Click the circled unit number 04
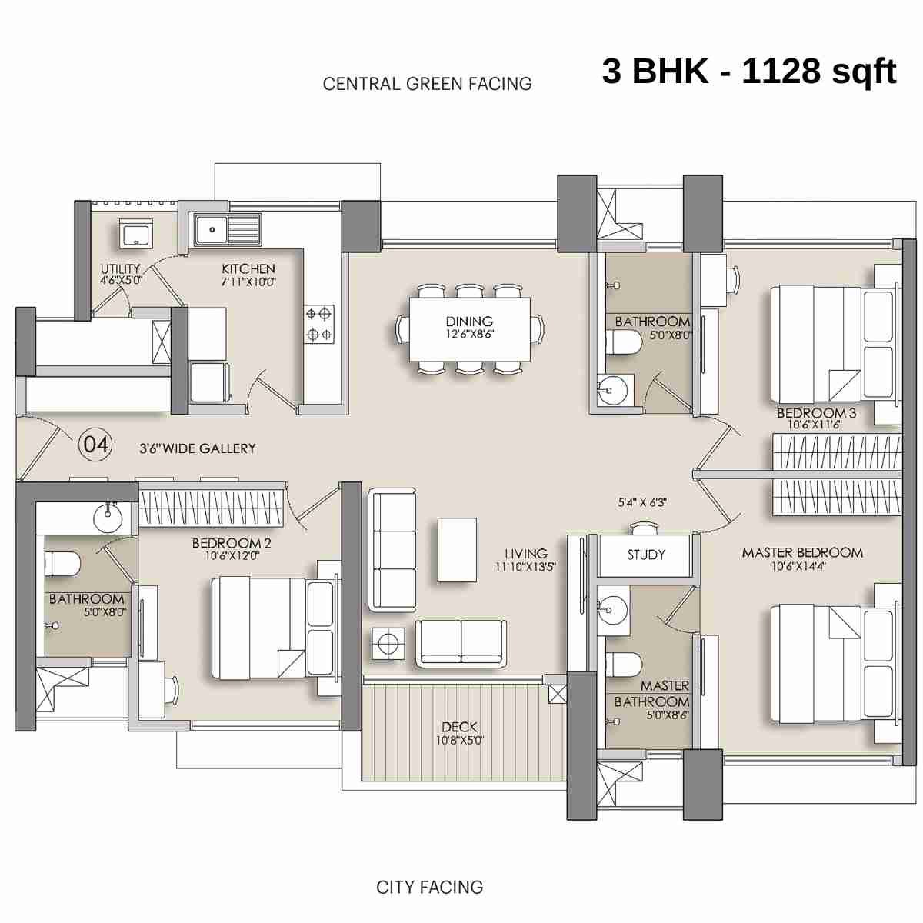96,445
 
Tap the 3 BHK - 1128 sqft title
748,72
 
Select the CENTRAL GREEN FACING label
427,84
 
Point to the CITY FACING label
429,887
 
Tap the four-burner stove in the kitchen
319,324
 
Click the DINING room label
469,322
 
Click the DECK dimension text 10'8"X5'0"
459,741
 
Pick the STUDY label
645,555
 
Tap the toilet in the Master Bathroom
624,663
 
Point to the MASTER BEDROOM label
801,552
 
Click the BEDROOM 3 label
815,413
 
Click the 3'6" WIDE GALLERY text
197,448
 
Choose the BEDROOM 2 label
231,543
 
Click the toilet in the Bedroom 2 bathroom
62,565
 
